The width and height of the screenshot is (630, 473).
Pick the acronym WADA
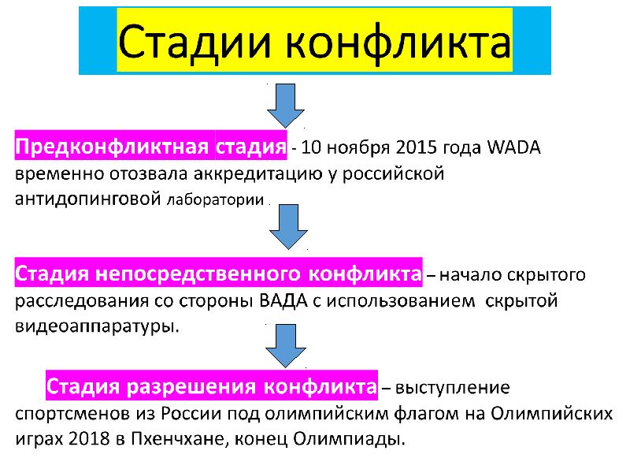pyautogui.click(x=514, y=148)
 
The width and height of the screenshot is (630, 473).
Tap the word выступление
pyautogui.click(x=452, y=388)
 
